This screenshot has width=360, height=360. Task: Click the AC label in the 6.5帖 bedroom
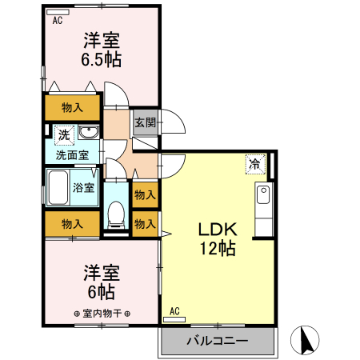57,22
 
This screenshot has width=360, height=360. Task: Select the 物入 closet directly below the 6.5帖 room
73,107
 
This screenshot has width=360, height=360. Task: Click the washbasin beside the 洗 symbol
89,133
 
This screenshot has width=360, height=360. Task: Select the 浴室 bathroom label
84,188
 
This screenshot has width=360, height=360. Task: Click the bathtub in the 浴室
58,188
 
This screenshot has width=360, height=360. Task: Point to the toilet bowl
115,214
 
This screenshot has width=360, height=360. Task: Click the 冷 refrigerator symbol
255,165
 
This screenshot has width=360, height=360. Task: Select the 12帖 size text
217,249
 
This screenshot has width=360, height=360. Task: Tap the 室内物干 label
102,313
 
